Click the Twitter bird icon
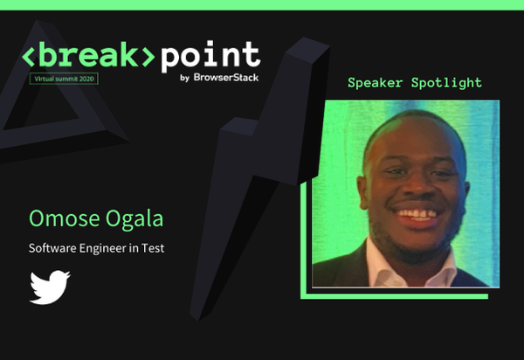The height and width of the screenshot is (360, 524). click(x=50, y=287)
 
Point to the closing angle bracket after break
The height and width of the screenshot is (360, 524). click(x=148, y=57)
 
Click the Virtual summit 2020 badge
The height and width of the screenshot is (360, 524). click(x=64, y=79)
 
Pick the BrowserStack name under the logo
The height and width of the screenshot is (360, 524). click(x=226, y=77)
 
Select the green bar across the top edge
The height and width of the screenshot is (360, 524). click(x=262, y=4)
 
